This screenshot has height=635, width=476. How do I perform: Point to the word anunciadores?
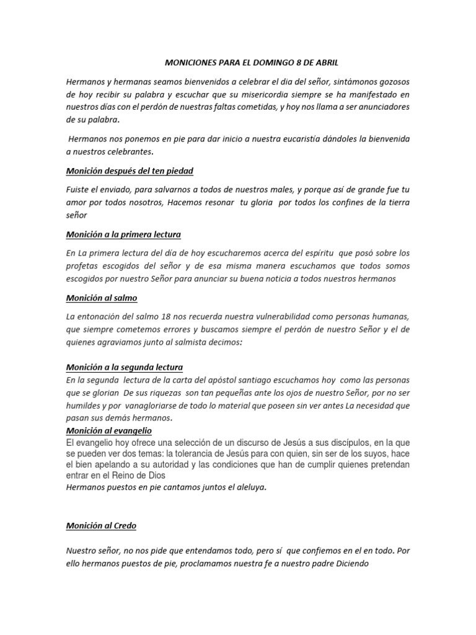[381, 107]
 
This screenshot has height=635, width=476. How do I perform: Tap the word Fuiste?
[78, 189]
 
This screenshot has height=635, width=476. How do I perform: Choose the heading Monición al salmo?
[101, 298]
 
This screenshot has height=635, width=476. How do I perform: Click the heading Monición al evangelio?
[108, 430]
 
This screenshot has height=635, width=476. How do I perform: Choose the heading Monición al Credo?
[101, 526]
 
